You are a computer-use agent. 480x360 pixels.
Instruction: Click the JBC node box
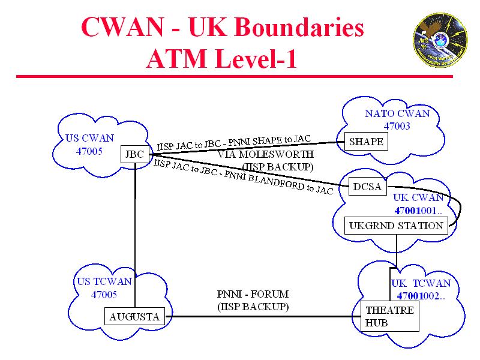pos(134,154)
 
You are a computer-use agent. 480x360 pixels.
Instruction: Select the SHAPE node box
pos(366,142)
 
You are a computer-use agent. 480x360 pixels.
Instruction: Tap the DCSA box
pos(367,187)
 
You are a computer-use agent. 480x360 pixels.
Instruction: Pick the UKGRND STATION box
pos(397,226)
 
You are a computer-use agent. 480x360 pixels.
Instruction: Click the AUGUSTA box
pos(134,316)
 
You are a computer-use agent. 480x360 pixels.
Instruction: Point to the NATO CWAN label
pos(397,113)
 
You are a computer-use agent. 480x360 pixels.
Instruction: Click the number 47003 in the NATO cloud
pos(397,126)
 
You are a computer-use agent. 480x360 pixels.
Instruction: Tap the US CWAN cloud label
pos(89,138)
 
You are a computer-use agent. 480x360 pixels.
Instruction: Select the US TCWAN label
pos(104,281)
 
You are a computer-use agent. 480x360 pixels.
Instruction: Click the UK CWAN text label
pos(418,197)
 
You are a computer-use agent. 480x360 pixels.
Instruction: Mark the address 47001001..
pos(418,211)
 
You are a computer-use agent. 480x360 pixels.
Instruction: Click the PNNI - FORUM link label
pos(253,294)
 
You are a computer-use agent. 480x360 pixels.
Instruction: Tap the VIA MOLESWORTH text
pos(265,154)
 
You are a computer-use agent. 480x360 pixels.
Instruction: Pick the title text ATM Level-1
pos(221,59)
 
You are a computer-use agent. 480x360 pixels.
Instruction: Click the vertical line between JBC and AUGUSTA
pos(135,234)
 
